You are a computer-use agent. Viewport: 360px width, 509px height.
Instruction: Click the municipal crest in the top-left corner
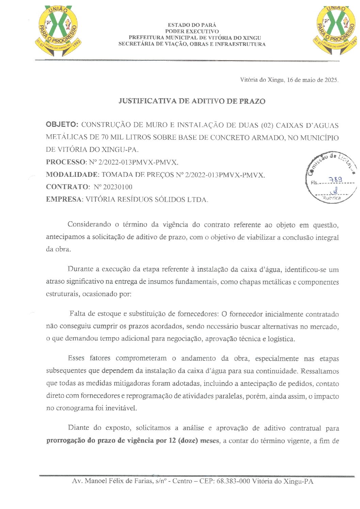coord(58,30)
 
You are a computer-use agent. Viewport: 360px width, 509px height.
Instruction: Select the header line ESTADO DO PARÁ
coord(192,25)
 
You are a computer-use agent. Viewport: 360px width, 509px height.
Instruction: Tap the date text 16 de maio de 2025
coord(312,80)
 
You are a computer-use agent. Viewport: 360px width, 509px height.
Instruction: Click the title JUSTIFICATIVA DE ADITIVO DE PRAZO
coord(192,101)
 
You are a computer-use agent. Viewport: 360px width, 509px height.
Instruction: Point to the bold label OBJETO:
coord(62,124)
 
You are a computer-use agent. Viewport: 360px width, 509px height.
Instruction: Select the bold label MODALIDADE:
coord(72,175)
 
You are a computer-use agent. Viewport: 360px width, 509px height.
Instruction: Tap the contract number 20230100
coord(118,187)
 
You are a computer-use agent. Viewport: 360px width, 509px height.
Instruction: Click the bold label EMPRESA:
coord(64,200)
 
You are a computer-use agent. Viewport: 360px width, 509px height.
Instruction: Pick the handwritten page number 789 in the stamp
coord(336,180)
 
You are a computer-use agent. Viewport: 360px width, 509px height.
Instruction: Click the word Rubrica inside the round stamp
coord(332,198)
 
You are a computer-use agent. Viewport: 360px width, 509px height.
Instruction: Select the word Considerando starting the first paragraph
coord(89,224)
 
